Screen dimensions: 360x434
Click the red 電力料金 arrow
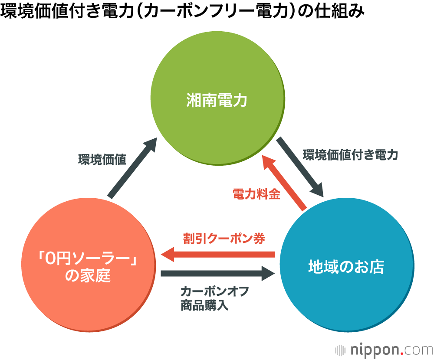tap(284, 182)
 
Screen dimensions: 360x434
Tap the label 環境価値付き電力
tap(350, 155)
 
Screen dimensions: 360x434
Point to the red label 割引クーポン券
tap(224, 238)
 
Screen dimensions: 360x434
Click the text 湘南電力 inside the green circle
tap(217, 101)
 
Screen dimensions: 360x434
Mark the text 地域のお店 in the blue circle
tap(346, 266)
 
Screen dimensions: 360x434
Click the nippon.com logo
tap(384, 350)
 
